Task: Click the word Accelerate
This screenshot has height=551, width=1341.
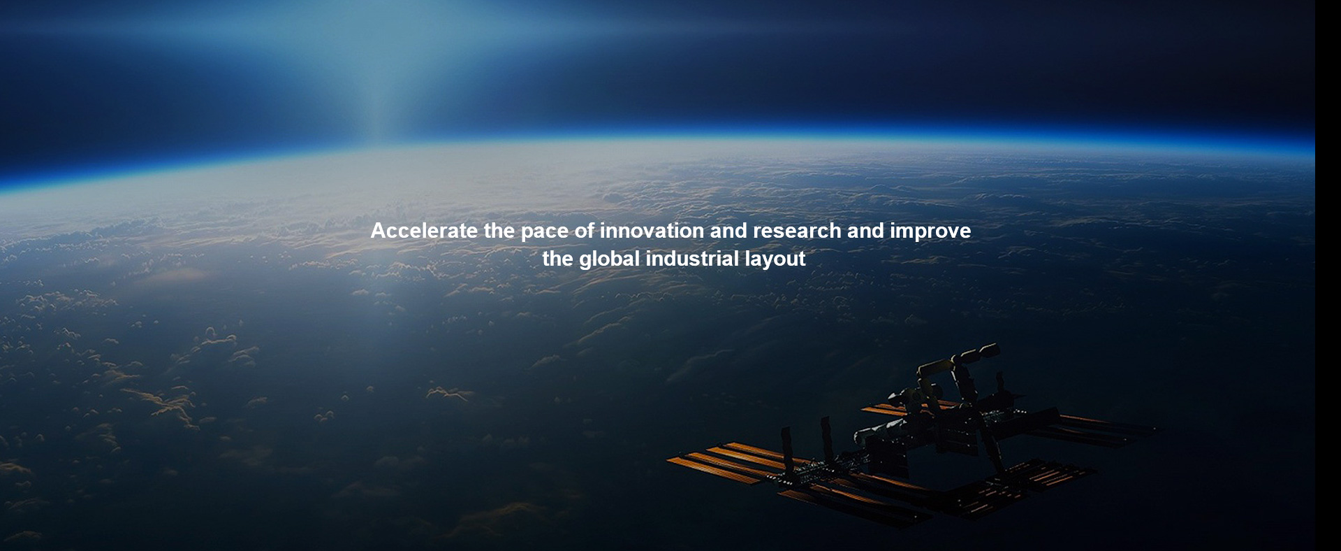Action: pyautogui.click(x=424, y=231)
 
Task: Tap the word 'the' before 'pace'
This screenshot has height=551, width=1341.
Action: pyautogui.click(x=499, y=231)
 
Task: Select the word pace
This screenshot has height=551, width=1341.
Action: pyautogui.click(x=545, y=233)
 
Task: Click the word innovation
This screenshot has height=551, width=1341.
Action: pyautogui.click(x=652, y=231)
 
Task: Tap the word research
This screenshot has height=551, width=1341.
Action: pyautogui.click(x=797, y=231)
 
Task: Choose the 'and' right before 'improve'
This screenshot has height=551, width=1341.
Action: pyautogui.click(x=865, y=231)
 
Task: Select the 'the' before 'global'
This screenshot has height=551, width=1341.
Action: pyautogui.click(x=558, y=259)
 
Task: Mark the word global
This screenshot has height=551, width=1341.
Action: pyautogui.click(x=610, y=260)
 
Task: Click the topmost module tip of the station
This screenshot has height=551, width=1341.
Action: pyautogui.click(x=992, y=348)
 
